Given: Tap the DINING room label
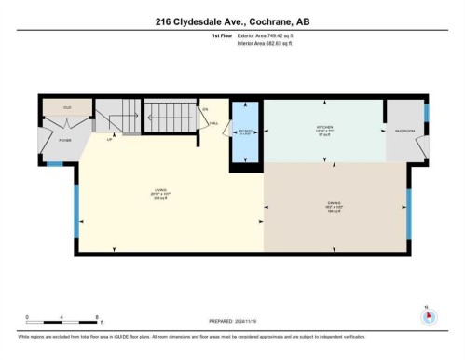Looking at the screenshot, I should coord(335,205).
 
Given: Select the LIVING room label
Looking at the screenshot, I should coord(157,193).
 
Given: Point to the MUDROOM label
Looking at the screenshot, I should coord(405,130).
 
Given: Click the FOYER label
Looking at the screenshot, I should coord(65,141).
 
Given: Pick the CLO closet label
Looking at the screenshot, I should coord(67,108).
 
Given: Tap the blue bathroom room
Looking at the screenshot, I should coord(245,131).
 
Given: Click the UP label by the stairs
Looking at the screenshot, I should coord(110,141).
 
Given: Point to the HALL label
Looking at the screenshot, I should coord(213,123).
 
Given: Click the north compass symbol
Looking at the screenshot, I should coord(428,316).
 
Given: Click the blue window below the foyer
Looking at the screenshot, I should coord(54,164).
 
